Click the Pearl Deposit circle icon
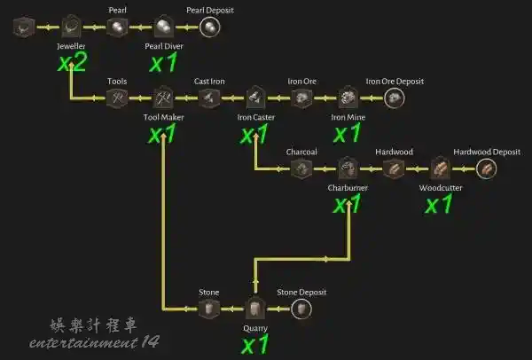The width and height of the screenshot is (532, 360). [209, 27]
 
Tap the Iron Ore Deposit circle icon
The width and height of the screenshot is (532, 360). [395, 98]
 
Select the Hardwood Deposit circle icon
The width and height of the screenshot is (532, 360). [486, 168]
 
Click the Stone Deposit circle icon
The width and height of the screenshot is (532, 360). [301, 309]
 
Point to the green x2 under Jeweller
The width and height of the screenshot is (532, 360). [73, 62]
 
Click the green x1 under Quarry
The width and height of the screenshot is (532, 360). [254, 344]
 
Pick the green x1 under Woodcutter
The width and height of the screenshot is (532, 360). [439, 204]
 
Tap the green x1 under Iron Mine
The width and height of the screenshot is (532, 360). [347, 133]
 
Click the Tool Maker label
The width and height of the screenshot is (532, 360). [163, 117]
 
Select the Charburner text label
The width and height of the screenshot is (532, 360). [348, 188]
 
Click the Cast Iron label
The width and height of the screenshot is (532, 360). [209, 82]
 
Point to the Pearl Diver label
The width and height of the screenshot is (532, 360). [164, 46]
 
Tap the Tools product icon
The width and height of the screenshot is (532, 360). [117, 98]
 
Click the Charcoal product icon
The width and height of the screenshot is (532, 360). [301, 168]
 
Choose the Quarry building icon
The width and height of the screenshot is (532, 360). [255, 308]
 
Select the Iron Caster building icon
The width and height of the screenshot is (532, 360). [255, 98]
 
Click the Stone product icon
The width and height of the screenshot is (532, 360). [209, 309]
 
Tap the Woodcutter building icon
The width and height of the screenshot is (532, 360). [440, 168]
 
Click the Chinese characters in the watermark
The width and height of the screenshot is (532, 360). [93, 325]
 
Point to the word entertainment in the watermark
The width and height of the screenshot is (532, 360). [84, 342]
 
